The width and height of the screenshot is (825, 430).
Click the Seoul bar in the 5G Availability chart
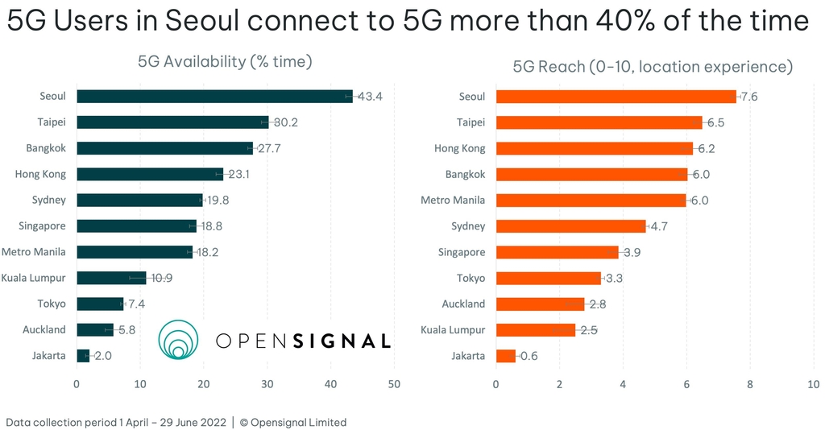214,97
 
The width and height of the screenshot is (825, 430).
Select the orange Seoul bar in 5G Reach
616,97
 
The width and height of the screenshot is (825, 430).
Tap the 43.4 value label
369,97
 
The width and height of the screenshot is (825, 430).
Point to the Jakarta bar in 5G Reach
506,356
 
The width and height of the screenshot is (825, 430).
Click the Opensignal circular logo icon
178,339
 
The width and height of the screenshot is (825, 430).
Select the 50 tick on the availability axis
394,384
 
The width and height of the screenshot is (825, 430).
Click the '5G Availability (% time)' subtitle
225,61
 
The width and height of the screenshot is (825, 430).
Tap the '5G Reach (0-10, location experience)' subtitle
653,66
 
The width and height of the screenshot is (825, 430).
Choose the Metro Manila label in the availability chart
34,252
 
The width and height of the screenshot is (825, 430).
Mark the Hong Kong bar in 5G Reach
594,148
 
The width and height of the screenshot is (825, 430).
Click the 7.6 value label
748,97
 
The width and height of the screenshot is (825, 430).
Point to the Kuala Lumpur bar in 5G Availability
111,278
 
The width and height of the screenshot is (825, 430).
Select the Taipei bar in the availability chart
172,122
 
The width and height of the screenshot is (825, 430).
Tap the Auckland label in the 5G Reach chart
463,304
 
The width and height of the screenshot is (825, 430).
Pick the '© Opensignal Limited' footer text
293,422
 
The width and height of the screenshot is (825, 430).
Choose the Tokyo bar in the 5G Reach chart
548,278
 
